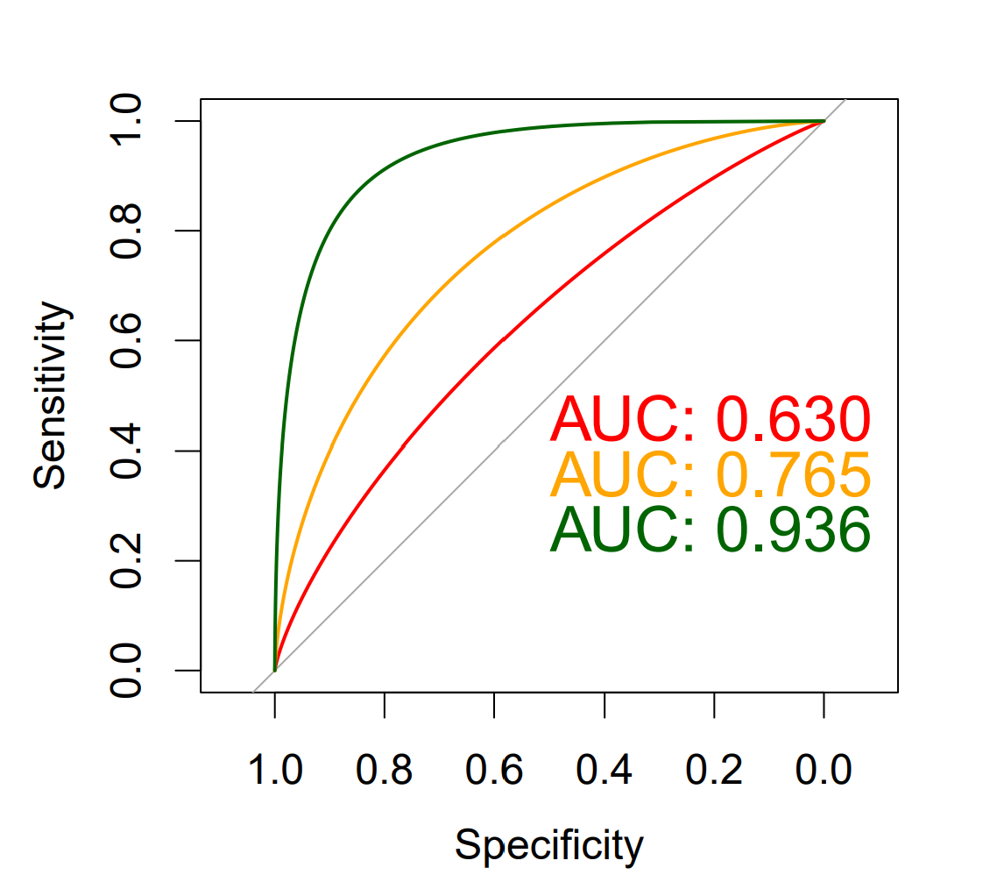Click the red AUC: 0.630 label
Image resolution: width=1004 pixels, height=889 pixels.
[x=711, y=419]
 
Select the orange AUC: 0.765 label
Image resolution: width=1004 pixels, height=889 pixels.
[x=711, y=474]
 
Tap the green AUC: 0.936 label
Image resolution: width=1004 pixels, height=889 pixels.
[x=711, y=530]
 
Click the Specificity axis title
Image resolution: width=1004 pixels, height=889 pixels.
[x=549, y=846]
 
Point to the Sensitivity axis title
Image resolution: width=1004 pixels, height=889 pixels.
[x=51, y=395]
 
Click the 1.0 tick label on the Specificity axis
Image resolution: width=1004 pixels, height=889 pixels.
[x=275, y=772]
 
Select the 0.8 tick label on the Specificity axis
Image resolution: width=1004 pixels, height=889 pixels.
[x=385, y=772]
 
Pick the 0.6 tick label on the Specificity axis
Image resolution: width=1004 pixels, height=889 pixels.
[x=494, y=772]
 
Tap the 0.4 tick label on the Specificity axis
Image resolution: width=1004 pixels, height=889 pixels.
[x=605, y=772]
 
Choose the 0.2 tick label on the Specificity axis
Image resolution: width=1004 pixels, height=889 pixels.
[x=714, y=772]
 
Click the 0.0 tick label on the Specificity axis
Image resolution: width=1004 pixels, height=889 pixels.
[x=824, y=772]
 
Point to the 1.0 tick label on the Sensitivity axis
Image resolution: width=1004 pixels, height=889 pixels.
[x=128, y=121]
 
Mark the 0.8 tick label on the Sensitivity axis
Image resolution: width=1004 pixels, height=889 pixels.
[x=128, y=231]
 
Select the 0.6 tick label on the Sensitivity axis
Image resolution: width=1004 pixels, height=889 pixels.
[x=128, y=340]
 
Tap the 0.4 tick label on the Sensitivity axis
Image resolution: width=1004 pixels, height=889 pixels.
[x=128, y=451]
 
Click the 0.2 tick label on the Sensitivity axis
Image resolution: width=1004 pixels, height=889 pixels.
[x=128, y=560]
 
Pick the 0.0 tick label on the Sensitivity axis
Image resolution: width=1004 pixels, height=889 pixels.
[x=128, y=671]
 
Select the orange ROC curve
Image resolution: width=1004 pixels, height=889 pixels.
[x=504, y=237]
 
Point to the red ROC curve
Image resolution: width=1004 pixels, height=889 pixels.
[x=504, y=339]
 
